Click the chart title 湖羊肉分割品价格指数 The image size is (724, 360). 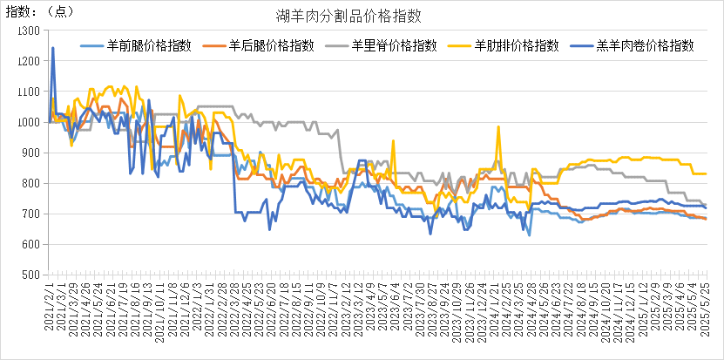[361, 15]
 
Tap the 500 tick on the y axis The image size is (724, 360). [31, 275]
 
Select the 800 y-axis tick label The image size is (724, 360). [31, 183]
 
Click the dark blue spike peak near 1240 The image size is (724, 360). [52, 48]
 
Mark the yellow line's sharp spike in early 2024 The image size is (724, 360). [498, 127]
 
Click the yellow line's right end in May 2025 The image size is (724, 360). [705, 173]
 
